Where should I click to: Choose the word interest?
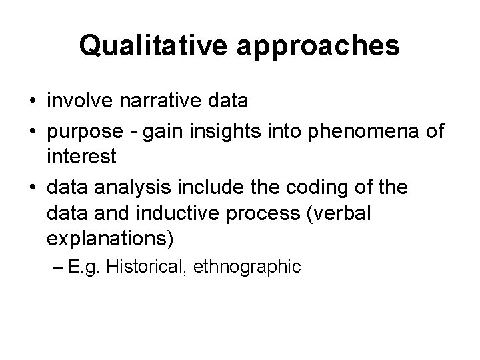[82, 158]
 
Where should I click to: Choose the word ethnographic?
[249, 267]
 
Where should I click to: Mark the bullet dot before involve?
[33, 101]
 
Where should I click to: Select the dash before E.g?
[74, 268]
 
